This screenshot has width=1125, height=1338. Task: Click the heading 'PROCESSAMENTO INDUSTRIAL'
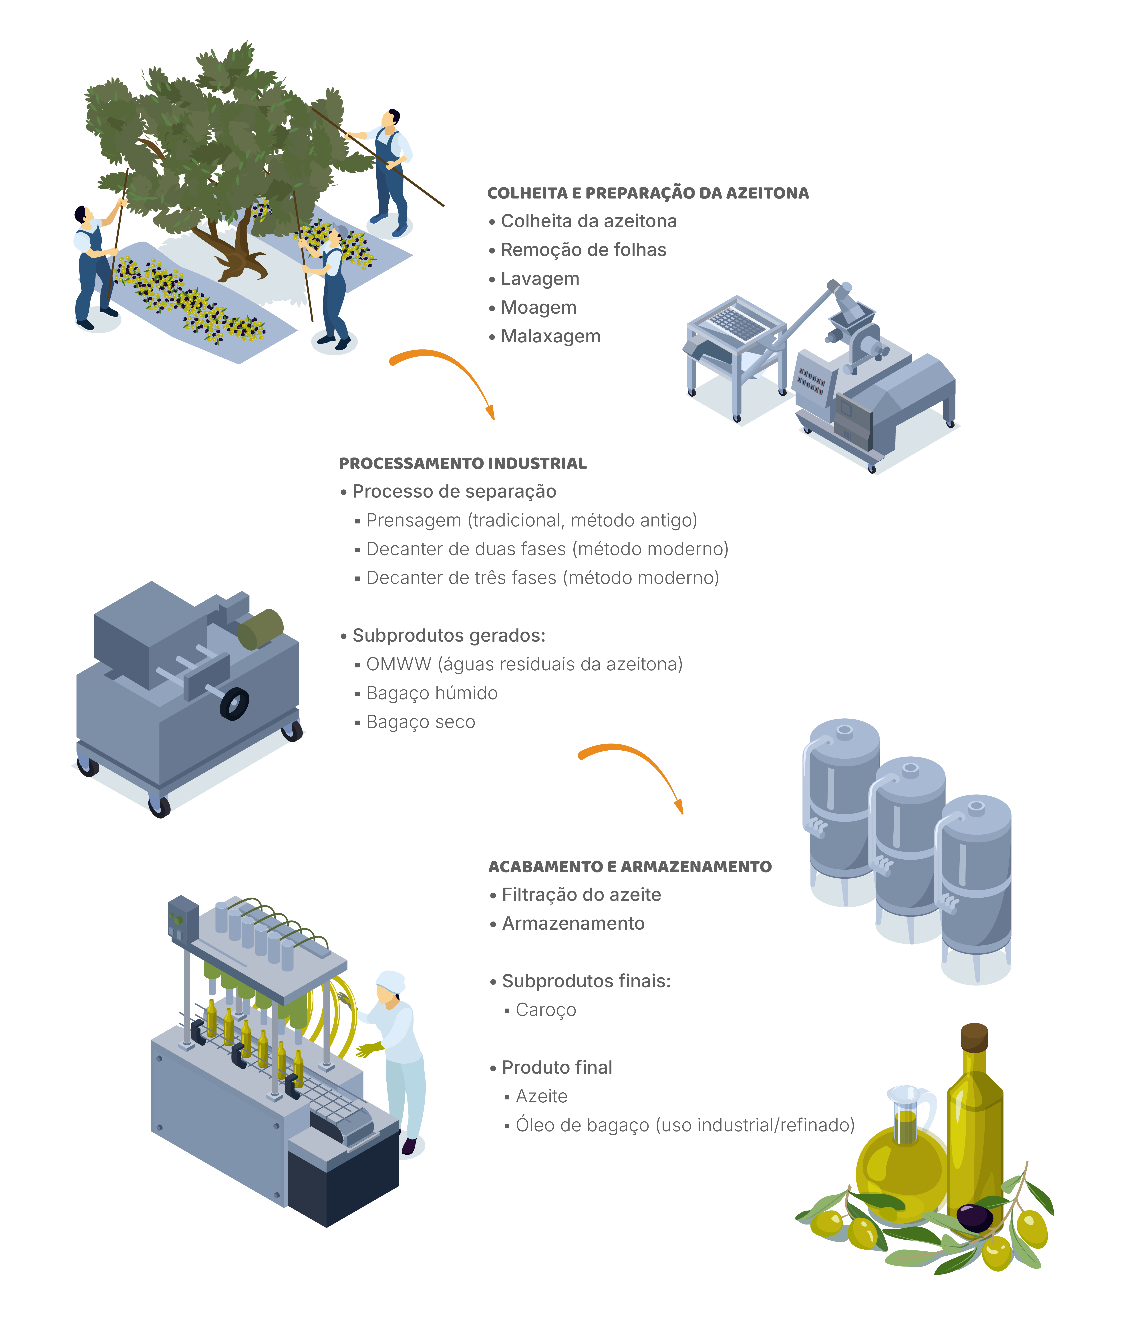point(462,464)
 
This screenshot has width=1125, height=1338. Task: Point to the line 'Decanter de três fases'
point(542,578)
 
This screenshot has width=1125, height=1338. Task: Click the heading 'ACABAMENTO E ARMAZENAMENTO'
point(629,867)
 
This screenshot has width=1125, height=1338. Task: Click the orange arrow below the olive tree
point(446,376)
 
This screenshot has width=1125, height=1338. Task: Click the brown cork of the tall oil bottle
point(974,1038)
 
